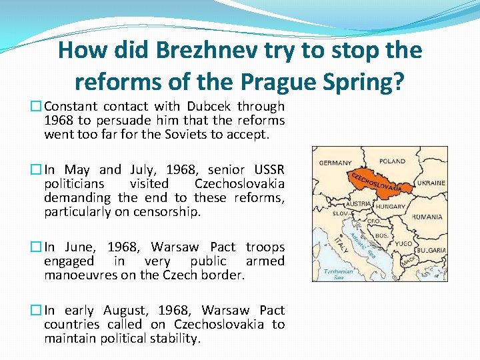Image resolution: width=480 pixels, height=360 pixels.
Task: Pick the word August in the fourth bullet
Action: point(127,310)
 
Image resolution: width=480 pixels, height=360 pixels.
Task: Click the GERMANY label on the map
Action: point(335,163)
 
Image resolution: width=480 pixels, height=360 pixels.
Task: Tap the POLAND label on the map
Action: point(392,161)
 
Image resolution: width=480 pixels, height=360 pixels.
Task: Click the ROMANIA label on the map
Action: point(427,217)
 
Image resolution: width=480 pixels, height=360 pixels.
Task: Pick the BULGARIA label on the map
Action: point(431,250)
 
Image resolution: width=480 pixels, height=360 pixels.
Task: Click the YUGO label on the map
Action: point(403,245)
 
